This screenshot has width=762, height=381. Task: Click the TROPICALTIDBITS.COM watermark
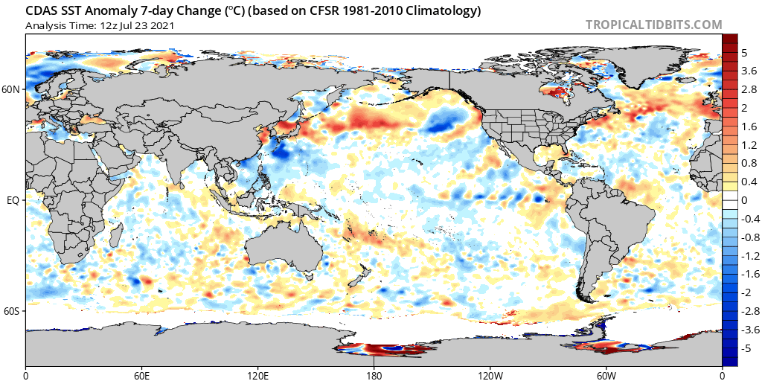[653, 25]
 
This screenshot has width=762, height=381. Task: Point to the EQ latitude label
[15, 199]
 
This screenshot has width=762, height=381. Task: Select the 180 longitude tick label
[374, 375]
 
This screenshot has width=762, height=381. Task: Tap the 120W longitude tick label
[490, 375]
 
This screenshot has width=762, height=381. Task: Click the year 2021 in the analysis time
[163, 25]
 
